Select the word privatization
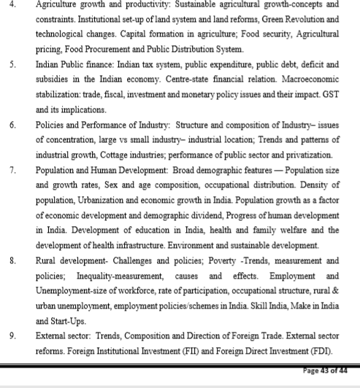tap(309, 155)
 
